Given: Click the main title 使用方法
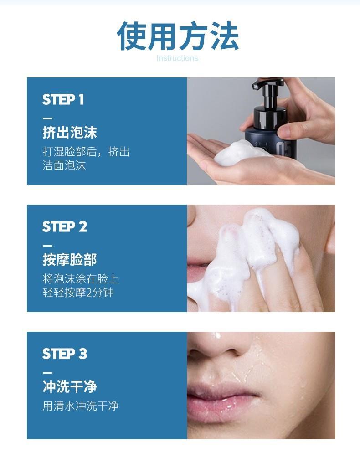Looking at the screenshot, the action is [178, 36].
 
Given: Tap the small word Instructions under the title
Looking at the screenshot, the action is [177, 58].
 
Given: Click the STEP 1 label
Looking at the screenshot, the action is [63, 99].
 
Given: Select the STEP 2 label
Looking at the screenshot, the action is [65, 226].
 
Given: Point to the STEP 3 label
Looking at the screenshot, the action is [65, 354].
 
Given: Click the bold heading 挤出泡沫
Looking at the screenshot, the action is [70, 132].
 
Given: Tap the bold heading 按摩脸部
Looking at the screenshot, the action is [70, 259].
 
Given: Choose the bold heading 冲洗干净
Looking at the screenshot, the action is [70, 386].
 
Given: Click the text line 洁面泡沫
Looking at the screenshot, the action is [64, 165].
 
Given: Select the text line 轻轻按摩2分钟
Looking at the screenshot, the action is [78, 293].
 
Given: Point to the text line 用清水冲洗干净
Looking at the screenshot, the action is [81, 406].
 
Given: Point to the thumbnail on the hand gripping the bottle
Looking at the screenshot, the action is [285, 132].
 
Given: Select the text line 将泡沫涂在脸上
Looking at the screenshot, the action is [81, 279].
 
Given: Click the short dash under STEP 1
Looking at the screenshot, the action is [47, 118].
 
